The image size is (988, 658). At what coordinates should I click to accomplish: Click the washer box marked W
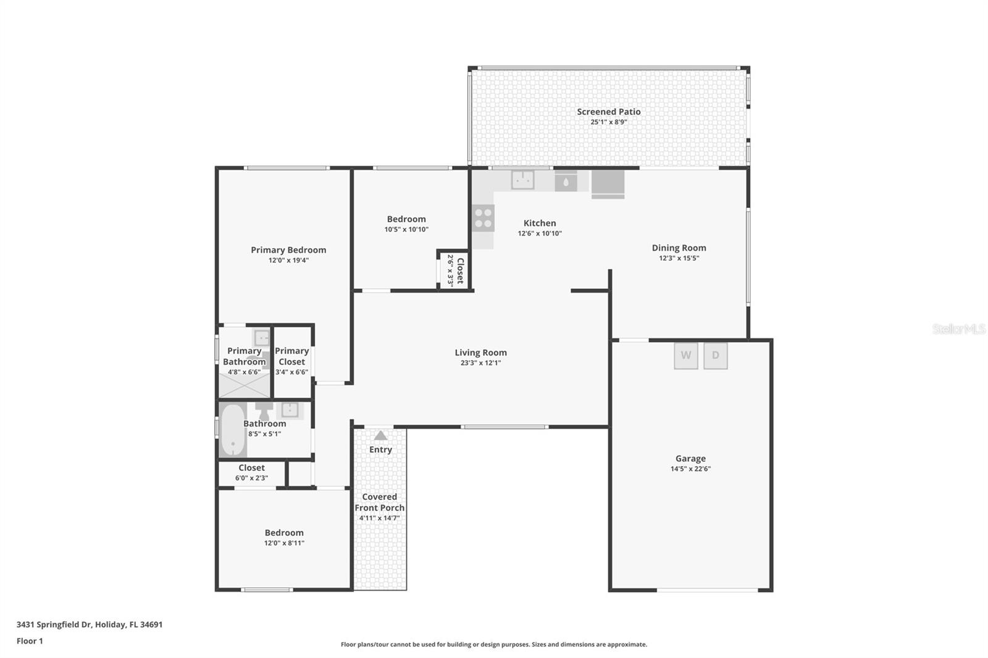[685, 356]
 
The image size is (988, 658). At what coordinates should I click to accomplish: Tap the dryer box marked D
[715, 356]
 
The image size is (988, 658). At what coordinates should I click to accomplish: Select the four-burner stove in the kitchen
[483, 218]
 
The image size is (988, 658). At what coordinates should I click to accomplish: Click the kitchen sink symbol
[522, 180]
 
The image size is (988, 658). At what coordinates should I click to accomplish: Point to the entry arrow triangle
[380, 435]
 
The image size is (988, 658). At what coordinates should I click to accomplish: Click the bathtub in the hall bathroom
[233, 430]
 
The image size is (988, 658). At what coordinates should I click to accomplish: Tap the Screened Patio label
[608, 112]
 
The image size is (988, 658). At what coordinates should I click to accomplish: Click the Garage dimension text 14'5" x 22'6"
[690, 469]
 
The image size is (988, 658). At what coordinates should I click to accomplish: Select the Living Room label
[480, 352]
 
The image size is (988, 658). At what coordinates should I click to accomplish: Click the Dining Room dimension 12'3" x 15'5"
[679, 258]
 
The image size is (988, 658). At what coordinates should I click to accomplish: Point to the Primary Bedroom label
[288, 250]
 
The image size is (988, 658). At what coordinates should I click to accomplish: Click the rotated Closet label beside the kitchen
[460, 270]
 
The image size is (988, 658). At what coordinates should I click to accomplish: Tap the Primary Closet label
[291, 356]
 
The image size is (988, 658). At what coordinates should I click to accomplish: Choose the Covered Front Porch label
[379, 502]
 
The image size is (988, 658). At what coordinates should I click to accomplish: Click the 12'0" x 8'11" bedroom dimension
[284, 543]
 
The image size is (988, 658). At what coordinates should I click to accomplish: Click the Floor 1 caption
[30, 641]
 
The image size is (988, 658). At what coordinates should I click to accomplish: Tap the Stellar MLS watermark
[958, 329]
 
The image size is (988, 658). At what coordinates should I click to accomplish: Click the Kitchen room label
[540, 223]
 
